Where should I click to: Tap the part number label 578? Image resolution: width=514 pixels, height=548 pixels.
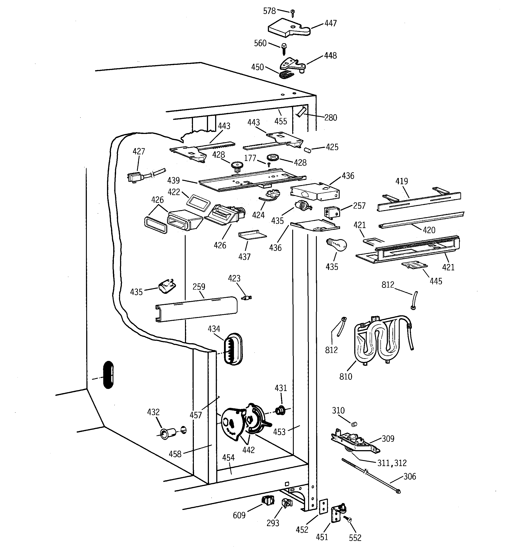[x=269, y=11]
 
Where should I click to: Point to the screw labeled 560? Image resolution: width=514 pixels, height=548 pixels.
[x=284, y=49]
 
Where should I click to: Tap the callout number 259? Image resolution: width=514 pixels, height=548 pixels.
[x=199, y=287]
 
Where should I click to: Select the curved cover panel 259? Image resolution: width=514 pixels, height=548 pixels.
[x=196, y=309]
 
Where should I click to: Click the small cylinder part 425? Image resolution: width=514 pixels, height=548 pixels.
[x=307, y=150]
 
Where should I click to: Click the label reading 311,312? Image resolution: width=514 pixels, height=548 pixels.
[x=392, y=463]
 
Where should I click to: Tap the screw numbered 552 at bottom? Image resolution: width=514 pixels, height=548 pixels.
[x=349, y=520]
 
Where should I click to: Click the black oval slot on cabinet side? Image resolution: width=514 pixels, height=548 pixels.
[x=108, y=375]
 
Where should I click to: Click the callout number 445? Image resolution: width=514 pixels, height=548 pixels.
[x=436, y=281]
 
